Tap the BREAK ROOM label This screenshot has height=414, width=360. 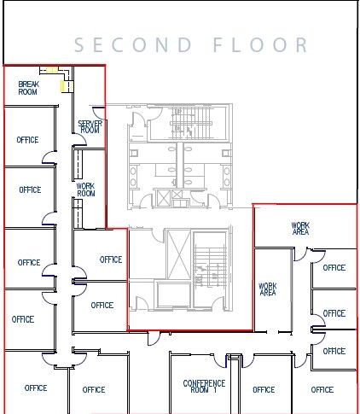tap(28, 88)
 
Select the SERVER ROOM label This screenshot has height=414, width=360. tap(90, 126)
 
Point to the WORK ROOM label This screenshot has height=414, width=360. tap(86, 189)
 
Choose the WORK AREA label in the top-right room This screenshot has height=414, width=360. tap(300, 229)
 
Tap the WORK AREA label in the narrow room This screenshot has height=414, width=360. tap(267, 289)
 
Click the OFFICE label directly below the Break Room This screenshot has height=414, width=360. tap(28, 140)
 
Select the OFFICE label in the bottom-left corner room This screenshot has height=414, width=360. tap(36, 388)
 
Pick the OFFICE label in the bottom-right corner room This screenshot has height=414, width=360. tap(322, 390)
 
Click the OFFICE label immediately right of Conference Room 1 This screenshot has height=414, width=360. tap(264, 390)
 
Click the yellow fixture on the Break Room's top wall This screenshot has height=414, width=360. tap(52, 70)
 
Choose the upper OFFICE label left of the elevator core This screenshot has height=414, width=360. tap(111, 259)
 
